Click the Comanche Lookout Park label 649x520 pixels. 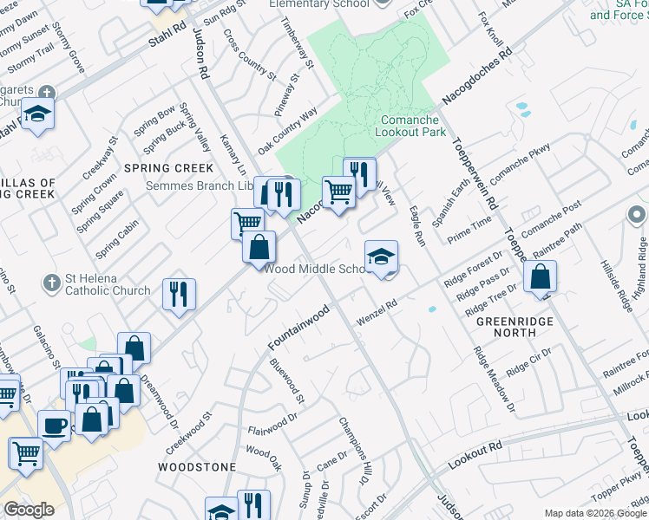(x=410, y=126)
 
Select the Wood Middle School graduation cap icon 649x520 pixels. (x=381, y=257)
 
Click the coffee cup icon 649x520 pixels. (x=55, y=426)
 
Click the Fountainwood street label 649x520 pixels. (x=298, y=328)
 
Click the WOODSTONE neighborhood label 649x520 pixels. (x=197, y=466)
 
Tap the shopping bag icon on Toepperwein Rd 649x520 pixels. (x=540, y=277)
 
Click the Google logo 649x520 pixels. (x=29, y=510)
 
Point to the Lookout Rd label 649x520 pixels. (x=475, y=455)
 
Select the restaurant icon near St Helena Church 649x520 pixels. (x=180, y=294)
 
